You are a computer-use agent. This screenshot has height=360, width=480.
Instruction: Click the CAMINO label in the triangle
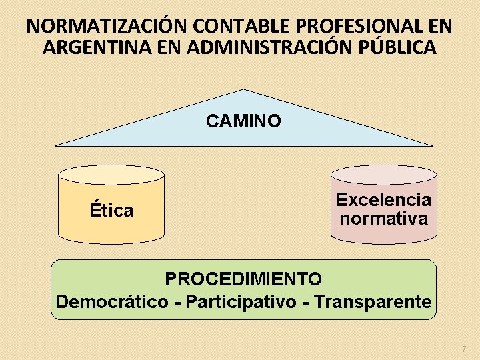tap(243, 121)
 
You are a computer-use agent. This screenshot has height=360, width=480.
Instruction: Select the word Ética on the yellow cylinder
tap(111, 211)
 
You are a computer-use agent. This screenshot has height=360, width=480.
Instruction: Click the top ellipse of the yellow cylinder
tap(111, 175)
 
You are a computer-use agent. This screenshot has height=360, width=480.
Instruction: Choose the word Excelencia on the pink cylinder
tap(383, 199)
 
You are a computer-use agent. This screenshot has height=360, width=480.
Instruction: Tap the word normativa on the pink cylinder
tap(383, 218)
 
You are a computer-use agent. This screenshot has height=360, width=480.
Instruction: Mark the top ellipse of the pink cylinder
tap(384, 175)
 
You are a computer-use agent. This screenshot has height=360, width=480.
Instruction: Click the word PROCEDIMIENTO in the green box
tap(243, 277)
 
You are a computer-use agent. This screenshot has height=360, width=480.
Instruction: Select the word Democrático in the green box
tap(112, 301)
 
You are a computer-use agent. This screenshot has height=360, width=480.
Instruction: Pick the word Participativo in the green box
tap(242, 301)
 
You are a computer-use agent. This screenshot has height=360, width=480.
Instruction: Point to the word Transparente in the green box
tap(373, 301)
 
